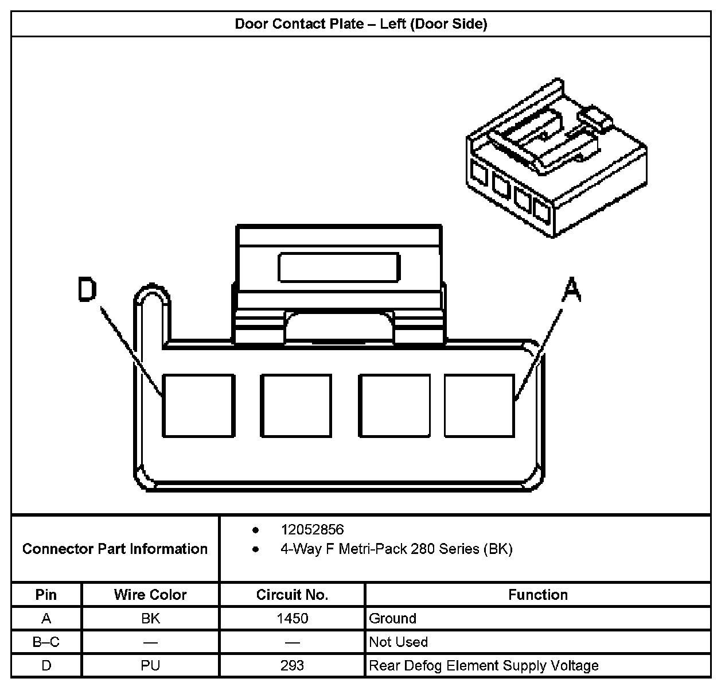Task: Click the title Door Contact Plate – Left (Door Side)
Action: click(361, 24)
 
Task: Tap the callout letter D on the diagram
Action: click(88, 290)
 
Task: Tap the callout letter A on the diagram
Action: click(571, 290)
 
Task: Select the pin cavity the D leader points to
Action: click(198, 405)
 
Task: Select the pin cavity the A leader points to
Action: click(480, 405)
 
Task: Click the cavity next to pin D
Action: click(296, 405)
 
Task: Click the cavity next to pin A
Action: click(394, 405)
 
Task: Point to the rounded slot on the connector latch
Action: click(338, 267)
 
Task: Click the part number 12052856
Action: click(312, 530)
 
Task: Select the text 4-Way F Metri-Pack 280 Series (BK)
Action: click(396, 549)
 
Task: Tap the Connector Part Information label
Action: click(115, 549)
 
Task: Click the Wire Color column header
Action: click(150, 595)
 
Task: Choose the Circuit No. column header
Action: click(292, 595)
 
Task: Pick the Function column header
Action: click(537, 595)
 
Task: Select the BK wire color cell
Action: click(150, 619)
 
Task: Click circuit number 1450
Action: click(292, 619)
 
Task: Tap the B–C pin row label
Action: click(46, 642)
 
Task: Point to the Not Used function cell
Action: click(398, 642)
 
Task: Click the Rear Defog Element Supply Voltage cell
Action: click(484, 666)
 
